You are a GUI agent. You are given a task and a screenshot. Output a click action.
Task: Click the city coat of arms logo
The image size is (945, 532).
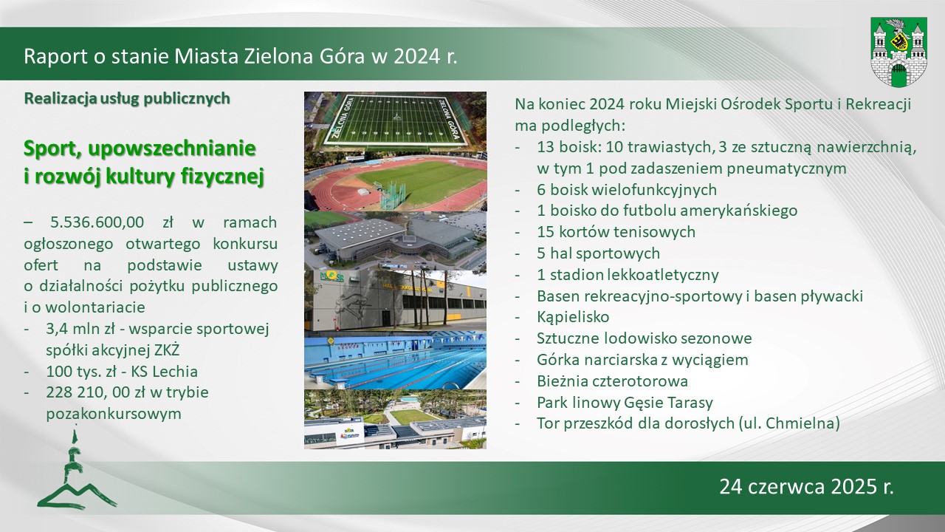898,52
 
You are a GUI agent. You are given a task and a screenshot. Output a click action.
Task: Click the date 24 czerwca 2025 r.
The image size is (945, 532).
807,486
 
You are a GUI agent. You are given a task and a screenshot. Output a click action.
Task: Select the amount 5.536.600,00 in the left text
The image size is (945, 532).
97,222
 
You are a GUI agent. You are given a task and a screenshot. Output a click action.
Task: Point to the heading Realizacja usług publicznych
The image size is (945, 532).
127,98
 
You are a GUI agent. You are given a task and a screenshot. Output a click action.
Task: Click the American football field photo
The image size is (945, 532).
395,122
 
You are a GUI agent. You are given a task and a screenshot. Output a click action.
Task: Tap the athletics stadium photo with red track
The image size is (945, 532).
395,182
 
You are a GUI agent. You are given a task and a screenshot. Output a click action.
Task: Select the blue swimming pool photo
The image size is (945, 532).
395,361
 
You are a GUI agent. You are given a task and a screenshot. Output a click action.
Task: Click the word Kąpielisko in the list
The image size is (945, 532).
573,317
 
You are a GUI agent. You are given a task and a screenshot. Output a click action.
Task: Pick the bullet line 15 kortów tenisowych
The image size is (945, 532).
616,232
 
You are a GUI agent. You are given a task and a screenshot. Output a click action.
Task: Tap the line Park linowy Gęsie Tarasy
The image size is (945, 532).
625,403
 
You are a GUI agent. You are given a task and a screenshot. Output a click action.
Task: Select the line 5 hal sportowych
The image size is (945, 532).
598,253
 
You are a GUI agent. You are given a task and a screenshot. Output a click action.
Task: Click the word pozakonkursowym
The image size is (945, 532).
114,414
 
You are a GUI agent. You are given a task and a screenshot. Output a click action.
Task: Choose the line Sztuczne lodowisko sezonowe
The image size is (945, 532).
645,338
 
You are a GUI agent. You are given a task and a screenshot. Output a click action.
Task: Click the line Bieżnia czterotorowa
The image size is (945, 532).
612,381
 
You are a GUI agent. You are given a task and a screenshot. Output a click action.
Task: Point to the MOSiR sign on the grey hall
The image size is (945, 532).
330,277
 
